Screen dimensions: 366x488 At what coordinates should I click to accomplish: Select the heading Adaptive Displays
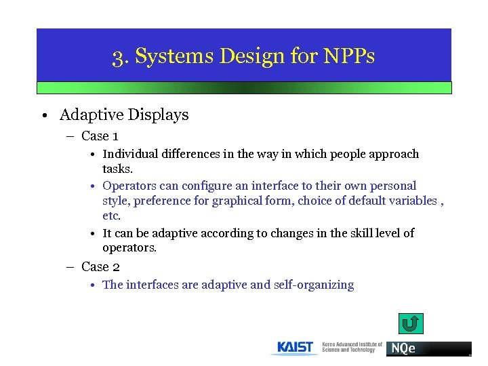pyautogui.click(x=124, y=115)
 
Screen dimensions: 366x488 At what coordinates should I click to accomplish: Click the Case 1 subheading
pyautogui.click(x=100, y=136)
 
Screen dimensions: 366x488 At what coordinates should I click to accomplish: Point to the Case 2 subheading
pyautogui.click(x=100, y=267)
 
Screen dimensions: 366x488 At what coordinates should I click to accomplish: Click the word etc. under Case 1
pyautogui.click(x=111, y=216)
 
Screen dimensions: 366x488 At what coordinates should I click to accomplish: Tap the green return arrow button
pyautogui.click(x=410, y=323)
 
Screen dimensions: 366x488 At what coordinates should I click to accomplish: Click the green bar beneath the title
pyautogui.click(x=243, y=87)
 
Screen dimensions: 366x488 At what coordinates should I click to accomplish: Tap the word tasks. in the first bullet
pyautogui.click(x=117, y=169)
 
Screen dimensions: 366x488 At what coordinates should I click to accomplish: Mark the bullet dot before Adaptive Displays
pyautogui.click(x=43, y=116)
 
